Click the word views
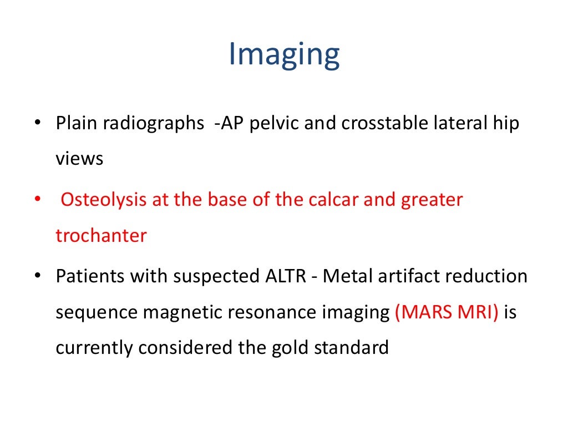(79, 159)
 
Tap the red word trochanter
(101, 236)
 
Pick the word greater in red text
(432, 200)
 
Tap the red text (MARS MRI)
(447, 312)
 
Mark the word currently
(94, 348)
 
